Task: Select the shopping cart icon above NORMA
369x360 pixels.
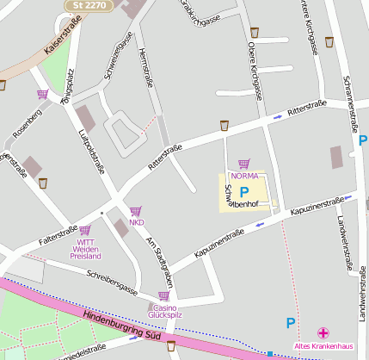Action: tap(243, 163)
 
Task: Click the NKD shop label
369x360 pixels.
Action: tap(136, 223)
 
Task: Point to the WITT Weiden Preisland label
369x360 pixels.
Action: tap(85, 250)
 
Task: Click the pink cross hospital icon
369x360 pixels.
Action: tap(323, 333)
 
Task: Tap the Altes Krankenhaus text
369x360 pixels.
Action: tap(323, 347)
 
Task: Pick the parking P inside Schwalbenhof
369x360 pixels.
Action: tap(243, 192)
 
